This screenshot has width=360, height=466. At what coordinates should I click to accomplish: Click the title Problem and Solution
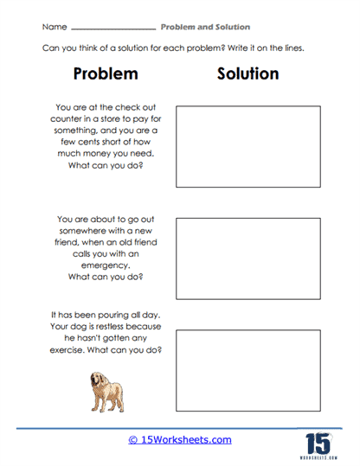pyautogui.click(x=206, y=28)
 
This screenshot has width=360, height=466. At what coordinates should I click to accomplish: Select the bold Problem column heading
pyautogui.click(x=106, y=74)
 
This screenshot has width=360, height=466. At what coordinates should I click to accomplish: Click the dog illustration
pyautogui.click(x=106, y=392)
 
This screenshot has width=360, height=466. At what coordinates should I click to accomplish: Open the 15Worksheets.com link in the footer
pyautogui.click(x=180, y=440)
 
